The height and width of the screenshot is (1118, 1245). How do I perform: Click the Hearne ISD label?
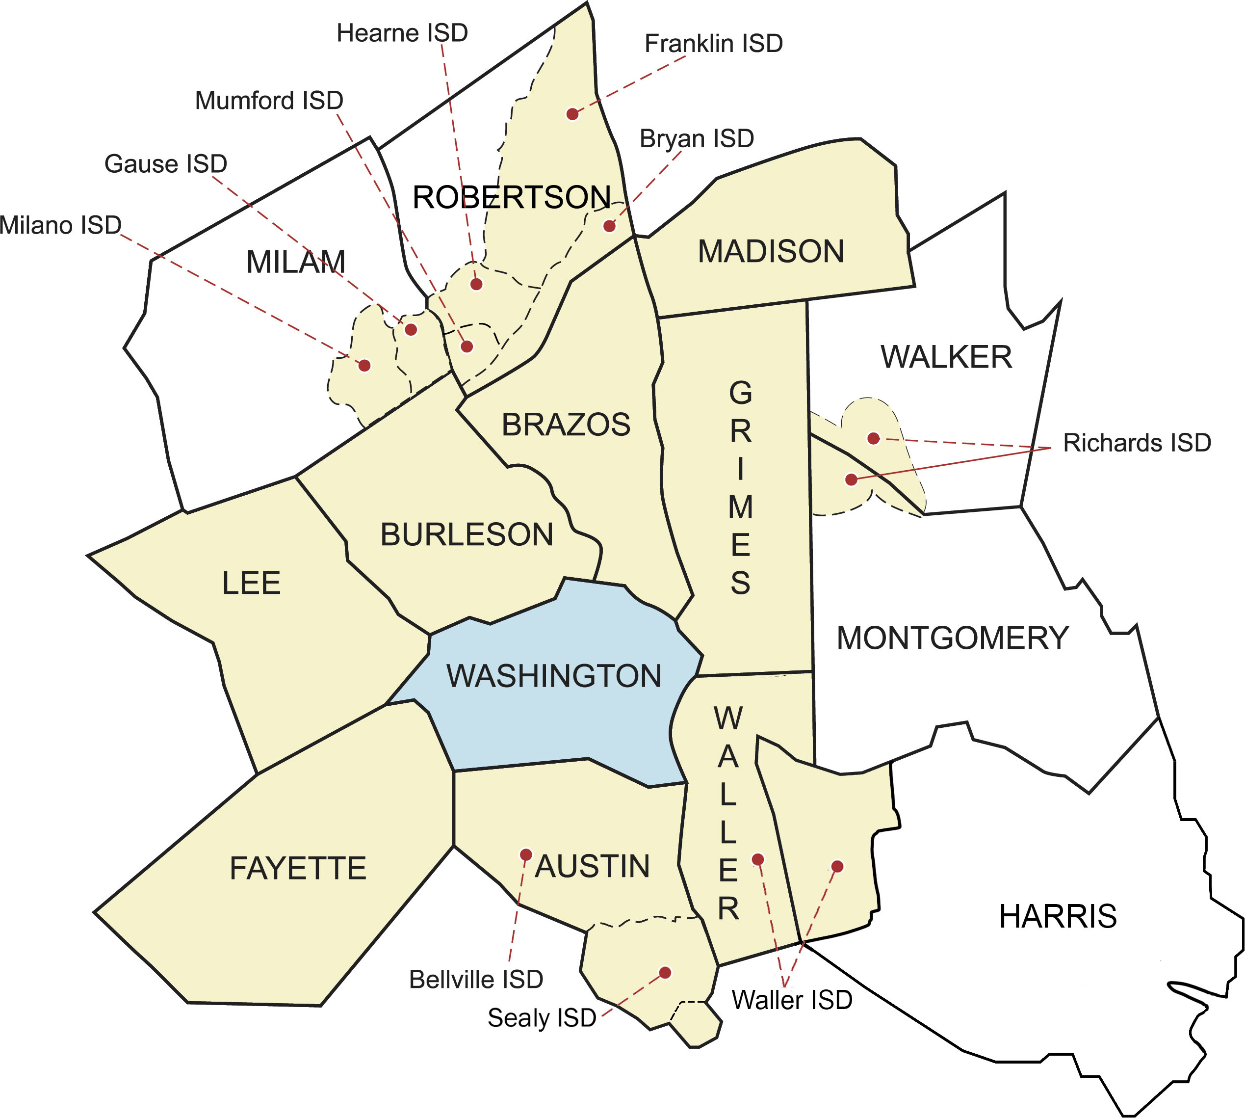(402, 33)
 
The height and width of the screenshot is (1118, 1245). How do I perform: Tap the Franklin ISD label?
(713, 44)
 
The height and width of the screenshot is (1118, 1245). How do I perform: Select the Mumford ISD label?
(269, 101)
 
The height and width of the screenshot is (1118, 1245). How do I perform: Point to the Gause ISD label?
(166, 164)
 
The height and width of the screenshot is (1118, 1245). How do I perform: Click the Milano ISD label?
(60, 225)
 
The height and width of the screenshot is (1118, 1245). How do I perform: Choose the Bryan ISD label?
(697, 139)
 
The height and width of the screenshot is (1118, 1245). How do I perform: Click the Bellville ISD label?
(476, 980)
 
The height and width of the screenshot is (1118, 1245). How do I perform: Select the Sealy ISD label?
(542, 1018)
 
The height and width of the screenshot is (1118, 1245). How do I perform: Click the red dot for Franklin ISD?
(572, 114)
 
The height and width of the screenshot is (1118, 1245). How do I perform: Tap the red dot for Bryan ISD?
(609, 226)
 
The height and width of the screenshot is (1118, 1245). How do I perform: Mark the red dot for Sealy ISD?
(665, 972)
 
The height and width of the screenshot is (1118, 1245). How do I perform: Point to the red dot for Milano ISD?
(364, 366)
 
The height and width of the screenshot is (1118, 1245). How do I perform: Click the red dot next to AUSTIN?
(525, 854)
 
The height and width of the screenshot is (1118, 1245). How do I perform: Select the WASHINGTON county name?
(554, 676)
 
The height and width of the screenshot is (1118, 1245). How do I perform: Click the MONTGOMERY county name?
(953, 638)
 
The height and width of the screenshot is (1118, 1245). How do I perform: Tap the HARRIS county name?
(1058, 916)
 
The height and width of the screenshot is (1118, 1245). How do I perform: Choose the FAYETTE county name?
(298, 869)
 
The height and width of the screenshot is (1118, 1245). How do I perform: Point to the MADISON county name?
(771, 252)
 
